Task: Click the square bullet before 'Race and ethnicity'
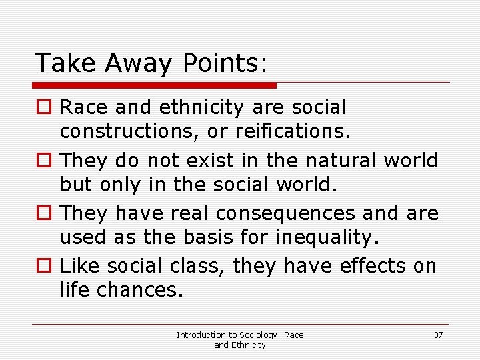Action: click(43, 107)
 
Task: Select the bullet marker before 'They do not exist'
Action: click(43, 161)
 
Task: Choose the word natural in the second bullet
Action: click(336, 161)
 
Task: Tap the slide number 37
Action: click(438, 335)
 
